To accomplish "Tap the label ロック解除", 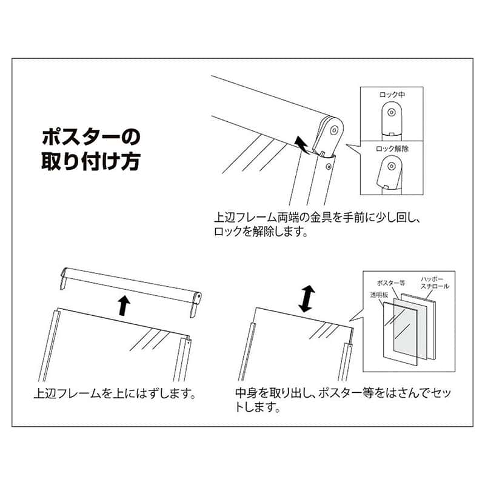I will pos(393,148).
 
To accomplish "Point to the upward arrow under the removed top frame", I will pos(123,304).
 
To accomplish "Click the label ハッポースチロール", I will pos(435,283).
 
